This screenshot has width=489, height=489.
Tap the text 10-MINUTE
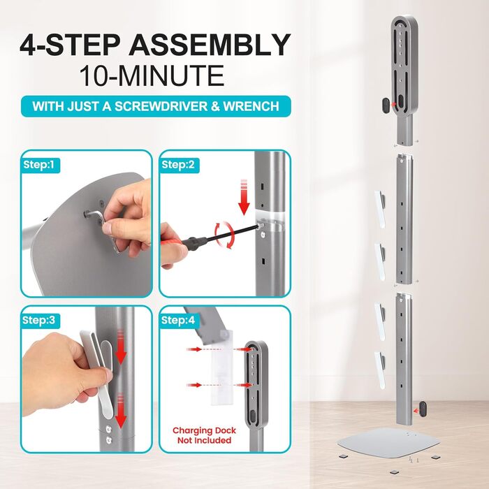(152, 75)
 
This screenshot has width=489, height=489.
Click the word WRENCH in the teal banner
(251, 106)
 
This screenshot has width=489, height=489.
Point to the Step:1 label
(38, 165)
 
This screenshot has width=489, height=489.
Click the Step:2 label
(178, 165)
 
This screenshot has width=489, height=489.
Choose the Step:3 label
(38, 320)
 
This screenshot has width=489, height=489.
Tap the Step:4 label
(178, 320)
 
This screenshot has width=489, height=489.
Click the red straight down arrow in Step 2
(244, 197)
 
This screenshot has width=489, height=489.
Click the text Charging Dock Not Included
(204, 435)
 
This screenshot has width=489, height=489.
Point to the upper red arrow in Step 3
(121, 348)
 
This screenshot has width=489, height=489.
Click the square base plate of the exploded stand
(388, 443)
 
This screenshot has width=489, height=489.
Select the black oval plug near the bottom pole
(423, 409)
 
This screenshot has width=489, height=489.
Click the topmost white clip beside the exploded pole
(380, 210)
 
